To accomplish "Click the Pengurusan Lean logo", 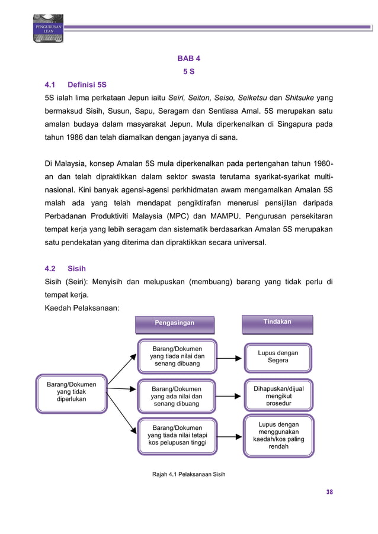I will tap(47, 28).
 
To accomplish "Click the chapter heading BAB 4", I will tap(189, 59).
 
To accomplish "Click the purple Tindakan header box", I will tap(277, 322).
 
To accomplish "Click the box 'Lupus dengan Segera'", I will tap(278, 356).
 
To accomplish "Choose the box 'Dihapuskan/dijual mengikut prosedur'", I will tap(278, 396).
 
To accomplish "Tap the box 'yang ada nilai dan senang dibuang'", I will tap(177, 396).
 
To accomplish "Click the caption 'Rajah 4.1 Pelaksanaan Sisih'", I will tap(189, 474).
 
